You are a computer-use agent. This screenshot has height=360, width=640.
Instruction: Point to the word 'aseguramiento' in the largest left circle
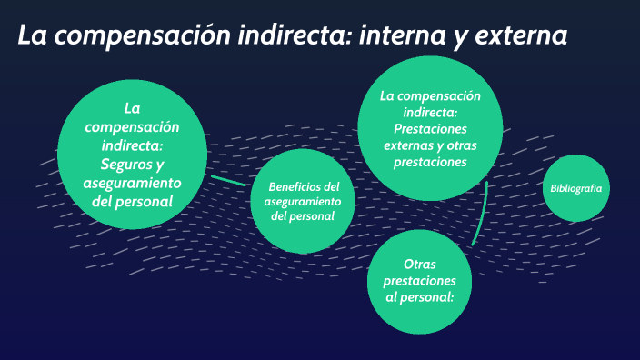(133, 183)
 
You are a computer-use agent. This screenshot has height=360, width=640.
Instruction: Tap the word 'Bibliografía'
(575, 188)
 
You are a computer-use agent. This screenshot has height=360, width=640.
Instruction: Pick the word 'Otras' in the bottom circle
(419, 264)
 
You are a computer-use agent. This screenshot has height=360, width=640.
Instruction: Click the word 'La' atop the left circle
(133, 108)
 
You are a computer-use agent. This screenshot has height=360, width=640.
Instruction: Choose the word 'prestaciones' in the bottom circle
(419, 280)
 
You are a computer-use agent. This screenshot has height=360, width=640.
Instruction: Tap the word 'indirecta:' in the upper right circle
(430, 112)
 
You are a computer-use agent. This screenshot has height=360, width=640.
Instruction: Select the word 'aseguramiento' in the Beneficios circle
(303, 200)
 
